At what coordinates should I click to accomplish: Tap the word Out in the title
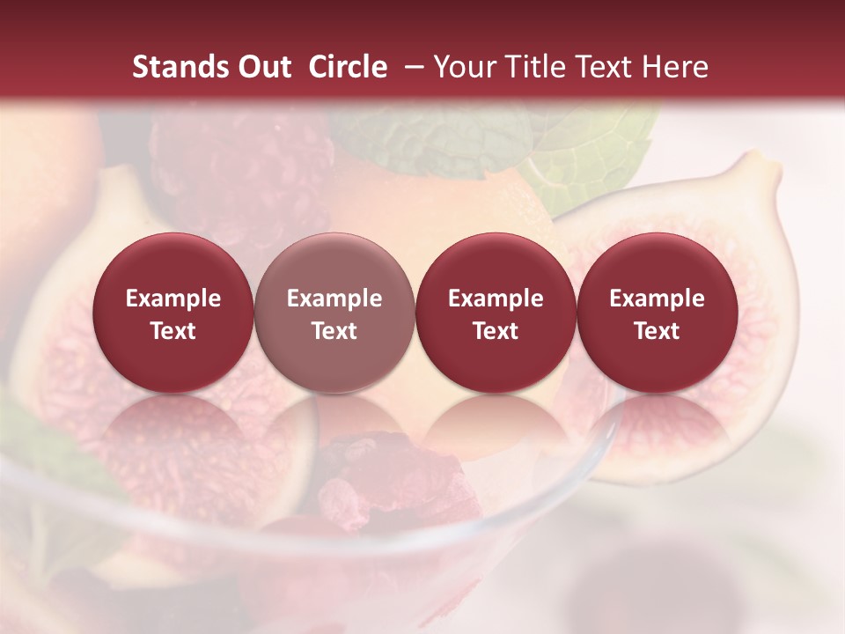point(261,68)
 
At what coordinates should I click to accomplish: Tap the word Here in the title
point(675,68)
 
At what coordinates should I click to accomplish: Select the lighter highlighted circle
point(334,313)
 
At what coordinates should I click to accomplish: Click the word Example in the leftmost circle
point(173,299)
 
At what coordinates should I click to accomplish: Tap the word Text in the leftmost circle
point(173,331)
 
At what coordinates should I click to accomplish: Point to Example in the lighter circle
point(334,299)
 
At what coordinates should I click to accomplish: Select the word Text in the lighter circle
point(334,331)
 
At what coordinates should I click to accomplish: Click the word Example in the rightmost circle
point(657,299)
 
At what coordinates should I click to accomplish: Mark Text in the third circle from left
point(496,331)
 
